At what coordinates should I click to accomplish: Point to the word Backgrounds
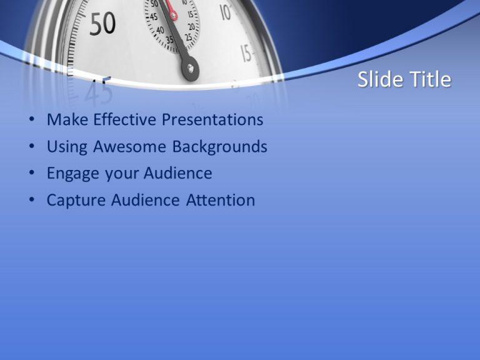[x=220, y=147]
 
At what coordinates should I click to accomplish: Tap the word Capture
[x=76, y=200]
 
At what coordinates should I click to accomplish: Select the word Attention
[x=221, y=200]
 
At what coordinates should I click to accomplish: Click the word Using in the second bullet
[x=67, y=147]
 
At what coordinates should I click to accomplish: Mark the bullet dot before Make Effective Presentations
[x=32, y=120]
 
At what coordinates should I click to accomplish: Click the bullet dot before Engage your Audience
[x=32, y=174]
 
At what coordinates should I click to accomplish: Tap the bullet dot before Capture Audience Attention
[x=32, y=201]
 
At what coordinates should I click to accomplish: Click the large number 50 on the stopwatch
[x=102, y=24]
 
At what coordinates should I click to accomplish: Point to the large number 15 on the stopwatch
[x=246, y=54]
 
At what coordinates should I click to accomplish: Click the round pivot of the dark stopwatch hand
[x=189, y=67]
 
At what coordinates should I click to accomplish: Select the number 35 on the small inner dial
[x=169, y=39]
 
